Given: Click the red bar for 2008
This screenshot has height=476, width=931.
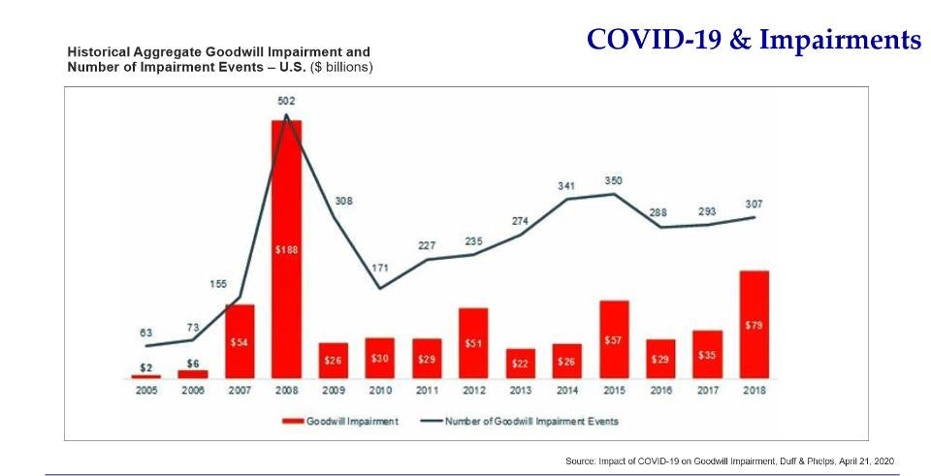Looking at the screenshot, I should (x=286, y=291).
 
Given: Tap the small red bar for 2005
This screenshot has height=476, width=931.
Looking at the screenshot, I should (x=145, y=375).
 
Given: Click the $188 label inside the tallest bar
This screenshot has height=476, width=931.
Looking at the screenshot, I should (x=286, y=249).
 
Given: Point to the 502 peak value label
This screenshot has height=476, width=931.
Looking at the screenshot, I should (x=286, y=101).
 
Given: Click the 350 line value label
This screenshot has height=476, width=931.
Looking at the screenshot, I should (x=613, y=180).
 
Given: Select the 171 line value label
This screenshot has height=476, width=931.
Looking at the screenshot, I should (x=380, y=266).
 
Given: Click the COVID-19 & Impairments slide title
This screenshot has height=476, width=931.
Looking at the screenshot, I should (x=754, y=41).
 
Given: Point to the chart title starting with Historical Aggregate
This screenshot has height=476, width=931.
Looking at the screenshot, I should (x=218, y=50).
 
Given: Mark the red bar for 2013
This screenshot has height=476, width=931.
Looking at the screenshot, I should (x=520, y=364).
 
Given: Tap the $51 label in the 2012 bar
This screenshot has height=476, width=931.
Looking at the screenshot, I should (x=472, y=342).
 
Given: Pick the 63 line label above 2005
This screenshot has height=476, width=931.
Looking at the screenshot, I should (x=145, y=332).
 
